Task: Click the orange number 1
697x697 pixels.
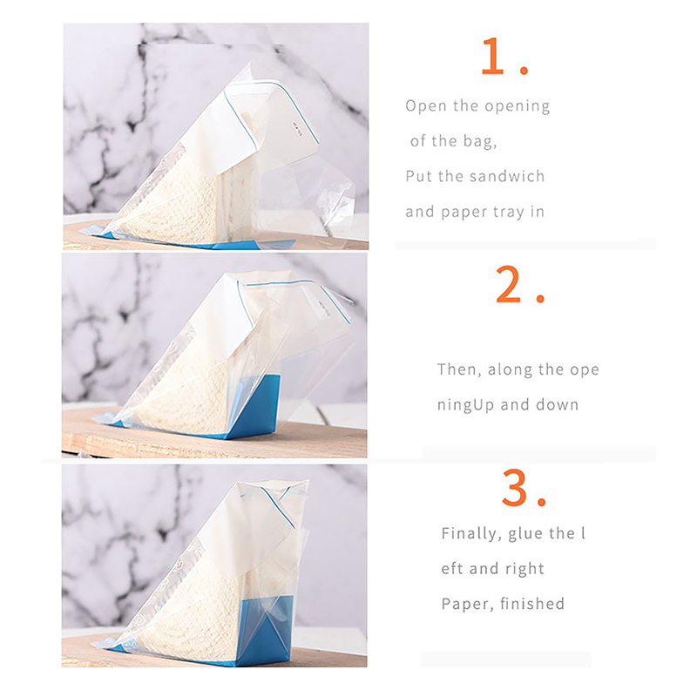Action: tap(493, 56)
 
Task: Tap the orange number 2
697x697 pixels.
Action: tap(508, 284)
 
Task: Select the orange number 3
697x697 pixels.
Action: tap(514, 487)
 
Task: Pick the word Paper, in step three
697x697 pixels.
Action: tap(468, 605)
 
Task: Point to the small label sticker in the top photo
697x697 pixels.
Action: tap(298, 129)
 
